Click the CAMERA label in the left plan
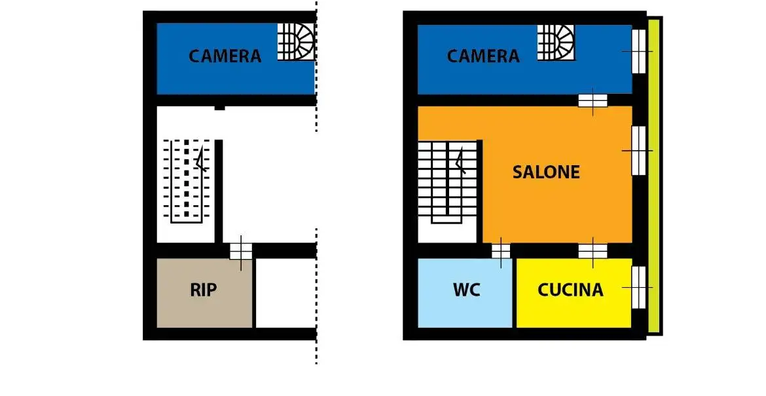click(225, 56)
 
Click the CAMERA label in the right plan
click(483, 56)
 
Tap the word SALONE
click(546, 172)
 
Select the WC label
click(466, 290)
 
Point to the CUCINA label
click(570, 290)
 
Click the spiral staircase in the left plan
click(296, 41)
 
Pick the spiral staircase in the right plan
click(556, 41)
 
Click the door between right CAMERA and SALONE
click(593, 100)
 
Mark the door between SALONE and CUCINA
click(593, 251)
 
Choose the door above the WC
click(501, 251)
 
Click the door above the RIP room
click(240, 251)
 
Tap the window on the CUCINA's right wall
click(638, 287)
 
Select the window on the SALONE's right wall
click(638, 150)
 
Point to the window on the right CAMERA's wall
click(638, 51)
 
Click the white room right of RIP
click(285, 292)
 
